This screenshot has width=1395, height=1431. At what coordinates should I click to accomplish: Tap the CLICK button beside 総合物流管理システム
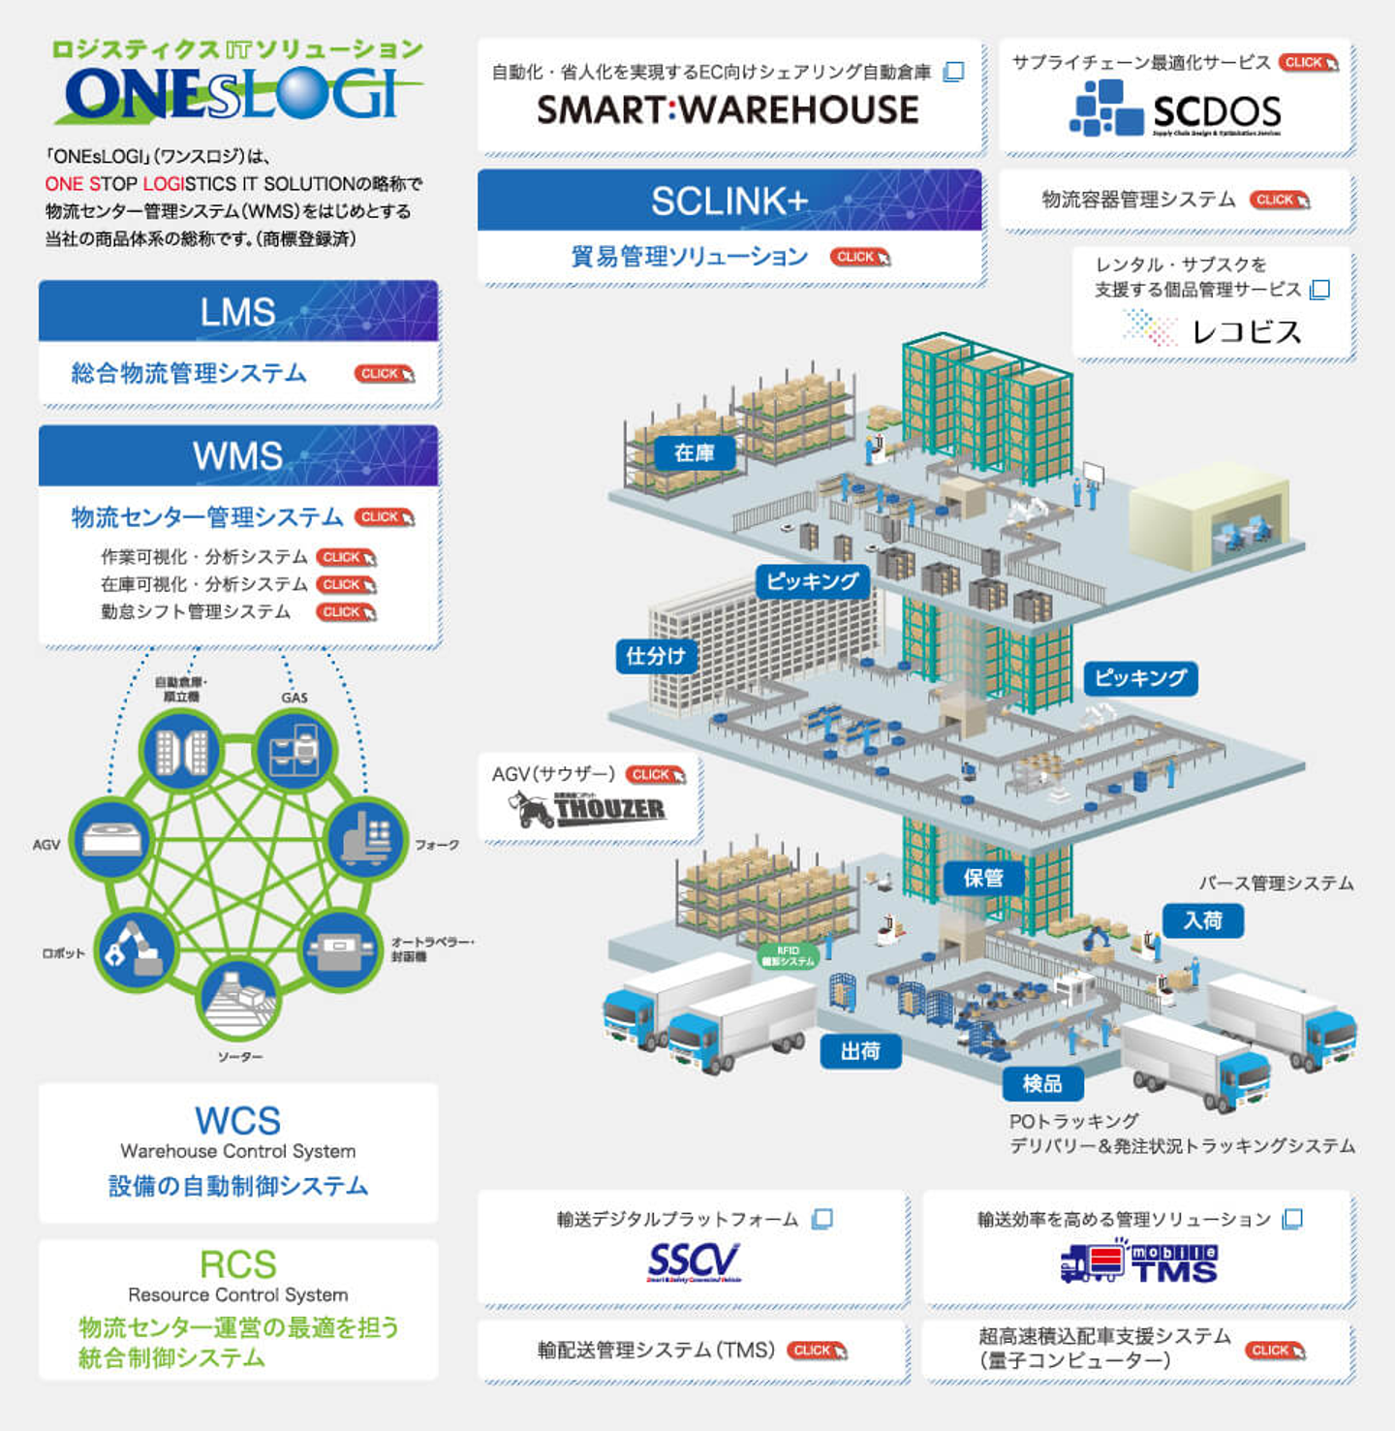pyautogui.click(x=384, y=374)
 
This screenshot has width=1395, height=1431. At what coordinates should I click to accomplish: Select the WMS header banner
pyautogui.click(x=238, y=455)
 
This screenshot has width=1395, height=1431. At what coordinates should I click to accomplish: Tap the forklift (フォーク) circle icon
pyautogui.click(x=367, y=838)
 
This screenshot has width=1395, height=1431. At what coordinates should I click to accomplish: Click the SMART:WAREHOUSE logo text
pyautogui.click(x=728, y=110)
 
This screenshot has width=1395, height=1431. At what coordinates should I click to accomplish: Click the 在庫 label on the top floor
pyautogui.click(x=694, y=452)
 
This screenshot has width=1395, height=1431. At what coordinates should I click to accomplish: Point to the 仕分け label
pyautogui.click(x=656, y=656)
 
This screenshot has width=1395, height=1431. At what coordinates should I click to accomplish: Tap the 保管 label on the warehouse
pyautogui.click(x=983, y=878)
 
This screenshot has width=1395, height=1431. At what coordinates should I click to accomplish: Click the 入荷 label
pyautogui.click(x=1202, y=919)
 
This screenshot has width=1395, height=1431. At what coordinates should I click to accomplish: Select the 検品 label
pyautogui.click(x=1042, y=1083)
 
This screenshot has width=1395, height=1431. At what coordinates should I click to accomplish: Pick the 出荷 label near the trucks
pyautogui.click(x=860, y=1050)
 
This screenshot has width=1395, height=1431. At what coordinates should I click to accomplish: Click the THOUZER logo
pyautogui.click(x=588, y=809)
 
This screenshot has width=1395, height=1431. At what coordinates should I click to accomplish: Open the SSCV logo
pyautogui.click(x=694, y=1261)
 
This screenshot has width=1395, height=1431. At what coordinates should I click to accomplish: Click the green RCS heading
pyautogui.click(x=238, y=1264)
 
